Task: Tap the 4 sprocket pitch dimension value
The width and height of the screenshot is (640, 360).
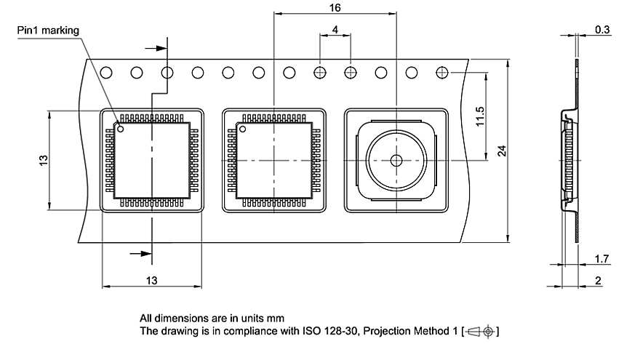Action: coord(335,29)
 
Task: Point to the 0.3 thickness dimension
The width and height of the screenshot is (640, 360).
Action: coord(602,30)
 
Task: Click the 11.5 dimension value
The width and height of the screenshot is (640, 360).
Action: coord(480,117)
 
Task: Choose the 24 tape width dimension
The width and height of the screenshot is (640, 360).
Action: coord(502,151)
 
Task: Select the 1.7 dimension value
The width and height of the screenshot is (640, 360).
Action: coord(602,258)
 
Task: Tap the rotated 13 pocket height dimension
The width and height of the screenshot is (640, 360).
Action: coord(44,160)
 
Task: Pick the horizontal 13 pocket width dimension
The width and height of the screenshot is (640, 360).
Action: coord(151,281)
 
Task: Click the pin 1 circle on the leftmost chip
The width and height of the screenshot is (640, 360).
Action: coord(121,130)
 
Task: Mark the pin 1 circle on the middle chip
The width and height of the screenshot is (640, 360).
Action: coord(244,130)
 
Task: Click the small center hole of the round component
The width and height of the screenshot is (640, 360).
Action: coord(396,160)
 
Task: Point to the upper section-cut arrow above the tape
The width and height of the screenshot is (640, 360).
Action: coord(160,48)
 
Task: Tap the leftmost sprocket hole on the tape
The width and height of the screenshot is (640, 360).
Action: coord(106,73)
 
